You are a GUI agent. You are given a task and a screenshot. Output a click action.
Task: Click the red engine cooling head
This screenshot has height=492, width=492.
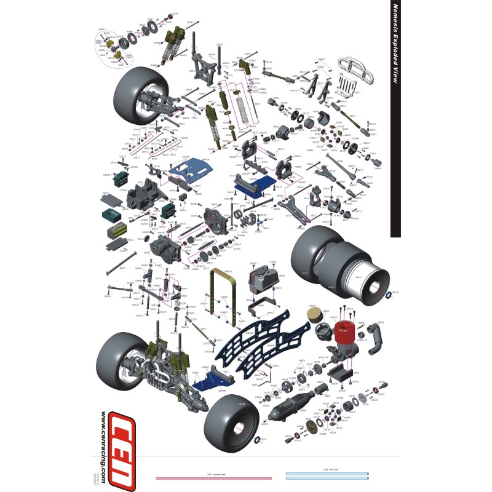click(343, 333)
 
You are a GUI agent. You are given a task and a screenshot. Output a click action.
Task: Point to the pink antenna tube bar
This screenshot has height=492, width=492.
click(213, 478)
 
